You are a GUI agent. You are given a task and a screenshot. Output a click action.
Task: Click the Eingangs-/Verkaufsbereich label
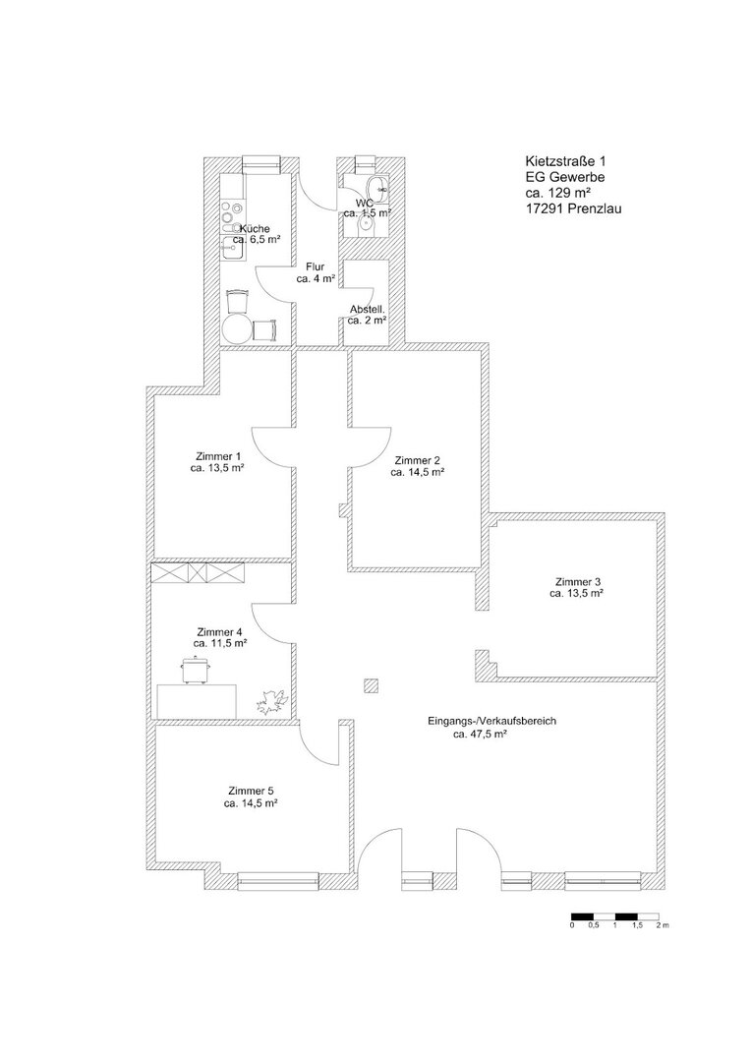point(492,721)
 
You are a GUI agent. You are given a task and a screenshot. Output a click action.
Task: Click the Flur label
point(315,266)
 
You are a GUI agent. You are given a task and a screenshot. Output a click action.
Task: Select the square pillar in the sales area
point(371,686)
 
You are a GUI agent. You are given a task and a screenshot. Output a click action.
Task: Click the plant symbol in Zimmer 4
point(273,701)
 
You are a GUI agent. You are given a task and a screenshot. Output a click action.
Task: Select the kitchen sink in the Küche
point(232,249)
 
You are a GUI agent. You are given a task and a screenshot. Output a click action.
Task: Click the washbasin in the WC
point(377,188)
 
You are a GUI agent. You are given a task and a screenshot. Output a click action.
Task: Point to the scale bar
point(614,915)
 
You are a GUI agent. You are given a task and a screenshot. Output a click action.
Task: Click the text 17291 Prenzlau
point(573,208)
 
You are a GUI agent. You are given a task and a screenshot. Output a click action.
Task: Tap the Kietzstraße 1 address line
point(566,162)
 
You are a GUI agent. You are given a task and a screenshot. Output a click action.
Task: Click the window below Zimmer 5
point(278,880)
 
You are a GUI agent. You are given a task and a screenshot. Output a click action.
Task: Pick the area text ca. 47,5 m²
point(482,734)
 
